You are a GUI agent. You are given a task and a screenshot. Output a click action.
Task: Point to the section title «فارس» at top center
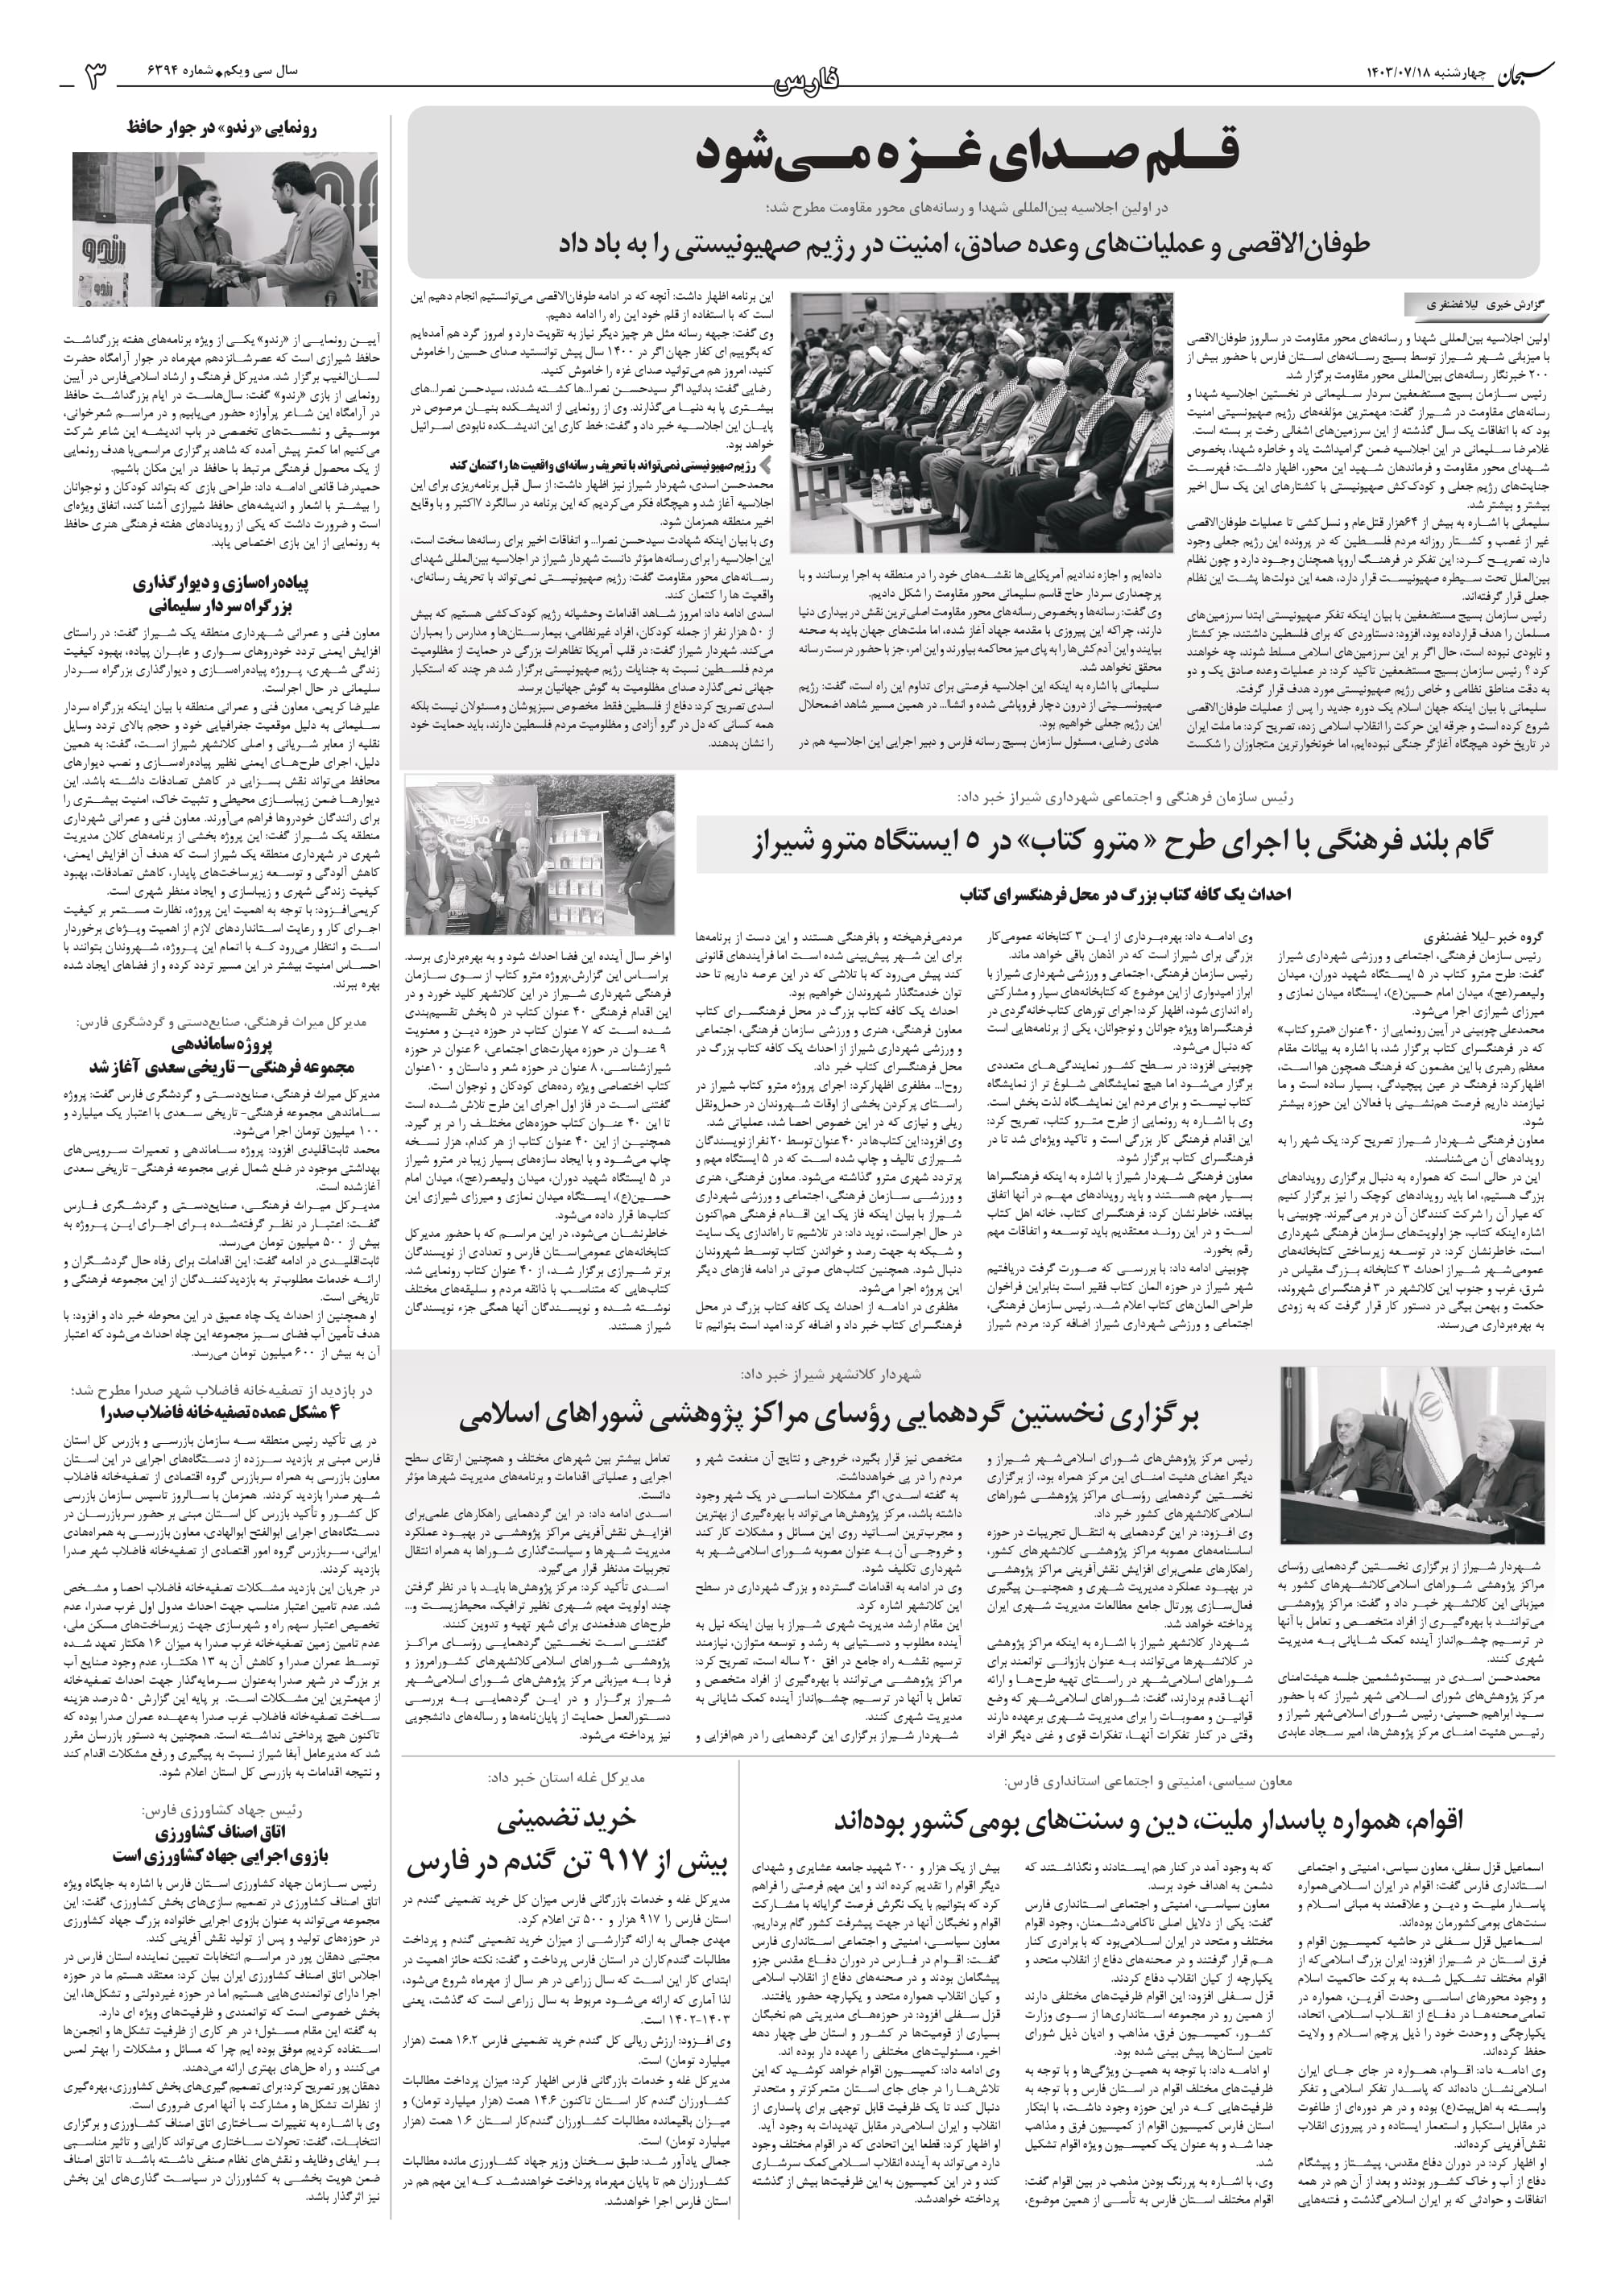808,81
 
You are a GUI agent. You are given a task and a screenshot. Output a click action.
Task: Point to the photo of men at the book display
540,854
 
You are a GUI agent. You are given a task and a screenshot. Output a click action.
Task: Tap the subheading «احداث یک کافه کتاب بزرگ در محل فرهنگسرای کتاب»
1125,894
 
